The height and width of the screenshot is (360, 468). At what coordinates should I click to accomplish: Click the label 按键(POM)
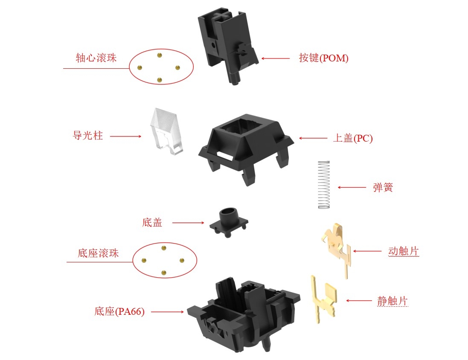click(324, 58)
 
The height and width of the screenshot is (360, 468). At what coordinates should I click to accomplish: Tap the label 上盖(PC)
click(353, 138)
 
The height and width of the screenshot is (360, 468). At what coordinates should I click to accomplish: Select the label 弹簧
click(383, 187)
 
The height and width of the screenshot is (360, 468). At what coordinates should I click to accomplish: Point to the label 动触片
click(404, 251)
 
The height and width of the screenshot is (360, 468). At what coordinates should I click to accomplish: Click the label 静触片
click(392, 301)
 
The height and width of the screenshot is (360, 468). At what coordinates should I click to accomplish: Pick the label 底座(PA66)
click(119, 311)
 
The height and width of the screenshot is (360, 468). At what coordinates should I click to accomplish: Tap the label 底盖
click(152, 222)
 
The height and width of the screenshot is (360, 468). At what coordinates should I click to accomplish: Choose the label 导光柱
click(88, 135)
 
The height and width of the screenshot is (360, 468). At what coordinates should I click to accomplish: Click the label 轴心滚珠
click(96, 58)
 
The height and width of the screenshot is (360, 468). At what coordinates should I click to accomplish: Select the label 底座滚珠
click(98, 253)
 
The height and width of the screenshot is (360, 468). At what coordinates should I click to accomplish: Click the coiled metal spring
click(324, 185)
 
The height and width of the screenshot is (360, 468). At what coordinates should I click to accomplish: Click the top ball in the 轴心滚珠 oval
click(160, 55)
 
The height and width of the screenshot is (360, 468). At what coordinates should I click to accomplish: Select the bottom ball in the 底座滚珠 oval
click(163, 273)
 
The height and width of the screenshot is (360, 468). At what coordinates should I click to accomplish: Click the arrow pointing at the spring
click(352, 187)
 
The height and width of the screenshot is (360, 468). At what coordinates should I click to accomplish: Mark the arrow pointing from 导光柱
click(126, 136)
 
